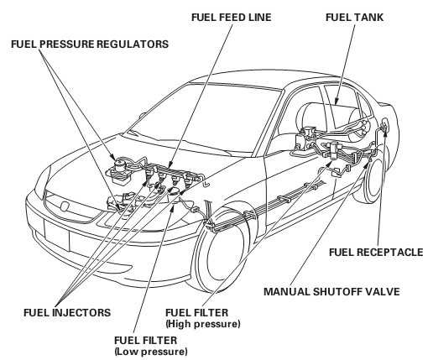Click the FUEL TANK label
[354, 18]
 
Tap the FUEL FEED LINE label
[232, 18]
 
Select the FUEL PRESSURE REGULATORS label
[90, 44]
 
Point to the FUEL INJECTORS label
[67, 312]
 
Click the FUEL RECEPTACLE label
[376, 253]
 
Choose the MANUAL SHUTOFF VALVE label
[331, 292]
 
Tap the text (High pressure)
[203, 324]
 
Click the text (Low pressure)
[151, 352]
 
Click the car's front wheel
[221, 252]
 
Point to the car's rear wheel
[372, 179]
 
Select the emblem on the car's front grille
[65, 206]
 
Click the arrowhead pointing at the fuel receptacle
[385, 130]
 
